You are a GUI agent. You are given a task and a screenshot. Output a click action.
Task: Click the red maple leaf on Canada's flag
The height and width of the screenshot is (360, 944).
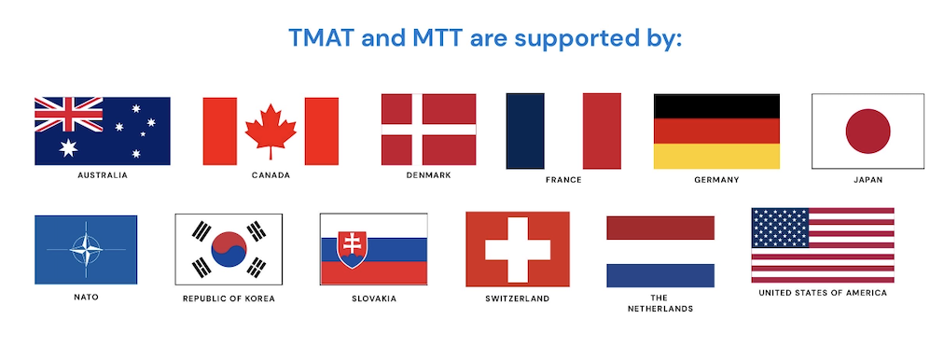(271, 131)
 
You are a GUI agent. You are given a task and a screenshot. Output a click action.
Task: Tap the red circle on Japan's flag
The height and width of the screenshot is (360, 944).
(868, 131)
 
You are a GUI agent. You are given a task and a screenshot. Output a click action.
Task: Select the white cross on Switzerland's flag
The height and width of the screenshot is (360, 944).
(517, 249)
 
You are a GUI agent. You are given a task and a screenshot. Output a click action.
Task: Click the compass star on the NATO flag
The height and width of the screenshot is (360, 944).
(86, 250)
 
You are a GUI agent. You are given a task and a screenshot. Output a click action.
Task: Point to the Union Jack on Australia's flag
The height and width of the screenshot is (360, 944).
(68, 114)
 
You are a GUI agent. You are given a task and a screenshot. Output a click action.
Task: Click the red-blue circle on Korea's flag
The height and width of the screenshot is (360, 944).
(229, 250)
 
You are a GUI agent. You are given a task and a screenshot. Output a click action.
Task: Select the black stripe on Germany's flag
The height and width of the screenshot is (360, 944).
(716, 105)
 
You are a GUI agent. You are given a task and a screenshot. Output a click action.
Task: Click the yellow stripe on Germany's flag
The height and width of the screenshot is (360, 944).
(716, 157)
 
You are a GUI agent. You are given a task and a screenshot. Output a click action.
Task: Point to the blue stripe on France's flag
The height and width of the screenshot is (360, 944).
(525, 131)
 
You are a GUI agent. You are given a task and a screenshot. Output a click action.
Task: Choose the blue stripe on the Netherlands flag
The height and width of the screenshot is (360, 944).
(660, 275)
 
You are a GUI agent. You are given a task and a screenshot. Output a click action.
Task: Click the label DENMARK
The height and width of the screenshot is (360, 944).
(428, 174)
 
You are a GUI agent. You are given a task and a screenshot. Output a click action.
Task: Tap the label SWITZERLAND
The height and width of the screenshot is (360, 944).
(517, 298)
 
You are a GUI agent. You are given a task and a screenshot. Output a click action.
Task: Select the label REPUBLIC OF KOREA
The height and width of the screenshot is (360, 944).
(229, 298)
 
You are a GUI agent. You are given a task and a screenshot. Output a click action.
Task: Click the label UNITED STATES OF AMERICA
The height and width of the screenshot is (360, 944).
(822, 293)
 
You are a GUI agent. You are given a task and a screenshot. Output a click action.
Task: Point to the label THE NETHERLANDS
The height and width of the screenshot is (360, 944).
(659, 303)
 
